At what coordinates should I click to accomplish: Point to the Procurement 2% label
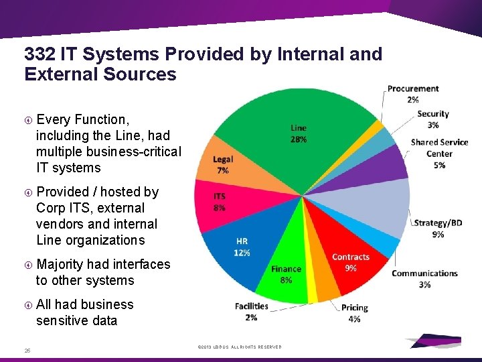coord(413,94)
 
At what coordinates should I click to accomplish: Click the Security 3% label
coord(432,119)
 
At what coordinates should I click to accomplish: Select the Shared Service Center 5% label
coord(439,154)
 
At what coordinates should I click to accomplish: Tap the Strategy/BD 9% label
coord(438,229)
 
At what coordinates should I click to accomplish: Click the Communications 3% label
coord(424,279)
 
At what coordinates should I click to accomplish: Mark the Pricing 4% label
coord(354,313)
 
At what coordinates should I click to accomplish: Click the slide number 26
coord(27,349)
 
